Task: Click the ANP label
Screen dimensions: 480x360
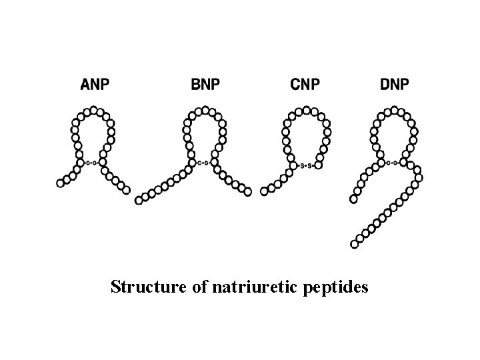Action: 95,85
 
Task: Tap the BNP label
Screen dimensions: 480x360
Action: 206,85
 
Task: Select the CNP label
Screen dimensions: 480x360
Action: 305,85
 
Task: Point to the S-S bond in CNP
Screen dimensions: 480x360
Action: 305,165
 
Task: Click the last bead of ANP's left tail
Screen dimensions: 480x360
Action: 61,183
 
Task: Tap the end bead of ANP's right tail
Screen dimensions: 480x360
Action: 127,191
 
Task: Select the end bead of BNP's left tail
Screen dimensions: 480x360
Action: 139,199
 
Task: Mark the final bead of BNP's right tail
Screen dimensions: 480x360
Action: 248,193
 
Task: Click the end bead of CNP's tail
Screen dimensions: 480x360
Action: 264,191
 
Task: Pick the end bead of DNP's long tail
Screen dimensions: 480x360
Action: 355,244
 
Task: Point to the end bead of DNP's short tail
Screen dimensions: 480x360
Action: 354,199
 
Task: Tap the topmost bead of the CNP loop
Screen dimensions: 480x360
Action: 306,109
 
